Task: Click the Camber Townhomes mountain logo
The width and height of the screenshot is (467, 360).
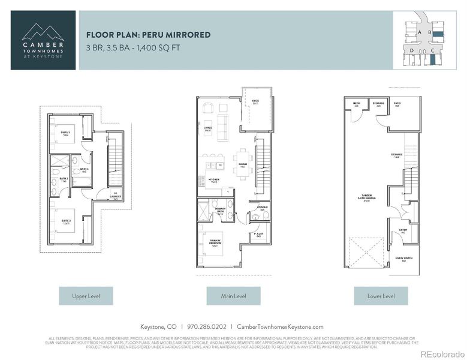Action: [43, 31]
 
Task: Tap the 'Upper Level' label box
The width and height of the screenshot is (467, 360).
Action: [85, 296]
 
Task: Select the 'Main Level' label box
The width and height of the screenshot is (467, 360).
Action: [233, 296]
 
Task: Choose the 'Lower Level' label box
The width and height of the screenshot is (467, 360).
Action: [380, 296]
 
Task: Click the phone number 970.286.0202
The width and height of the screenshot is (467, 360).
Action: [206, 327]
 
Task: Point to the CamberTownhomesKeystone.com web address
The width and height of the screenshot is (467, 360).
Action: [280, 327]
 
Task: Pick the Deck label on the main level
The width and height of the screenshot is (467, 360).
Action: [255, 103]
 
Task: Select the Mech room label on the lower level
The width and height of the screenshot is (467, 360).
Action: [356, 103]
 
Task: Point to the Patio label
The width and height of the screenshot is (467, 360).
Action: [397, 103]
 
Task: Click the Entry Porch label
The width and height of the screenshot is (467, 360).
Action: [403, 260]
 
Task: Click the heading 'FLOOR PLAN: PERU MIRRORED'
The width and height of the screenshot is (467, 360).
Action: [148, 35]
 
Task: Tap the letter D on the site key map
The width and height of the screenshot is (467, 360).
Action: [412, 51]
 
